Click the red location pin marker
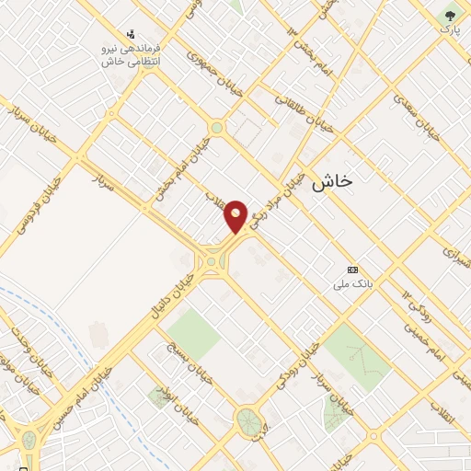(236, 215)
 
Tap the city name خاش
(332, 181)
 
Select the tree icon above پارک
(450, 14)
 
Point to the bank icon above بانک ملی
(351, 270)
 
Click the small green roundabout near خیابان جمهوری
(216, 128)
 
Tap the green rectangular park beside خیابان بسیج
(192, 333)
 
